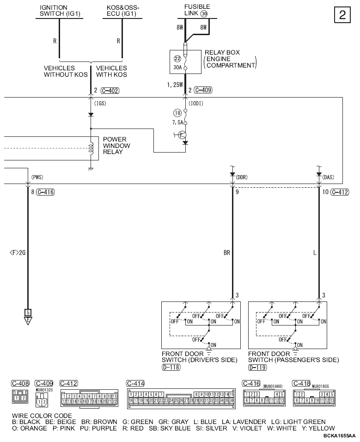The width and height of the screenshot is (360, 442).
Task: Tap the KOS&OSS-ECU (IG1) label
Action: pyautogui.click(x=122, y=11)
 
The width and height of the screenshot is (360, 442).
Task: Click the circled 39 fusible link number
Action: pyautogui.click(x=204, y=14)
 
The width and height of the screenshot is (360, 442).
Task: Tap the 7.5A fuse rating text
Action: pyautogui.click(x=177, y=123)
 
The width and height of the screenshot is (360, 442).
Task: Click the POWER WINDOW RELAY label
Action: pyautogui.click(x=116, y=146)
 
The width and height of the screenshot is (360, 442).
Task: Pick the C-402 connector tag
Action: pyautogui.click(x=110, y=91)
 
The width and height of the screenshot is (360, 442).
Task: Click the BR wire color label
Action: pyautogui.click(x=226, y=253)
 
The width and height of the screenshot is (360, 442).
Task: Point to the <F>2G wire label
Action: pyautogui.click(x=17, y=252)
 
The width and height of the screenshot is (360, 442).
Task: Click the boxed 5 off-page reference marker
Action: pyautogui.click(x=28, y=312)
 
